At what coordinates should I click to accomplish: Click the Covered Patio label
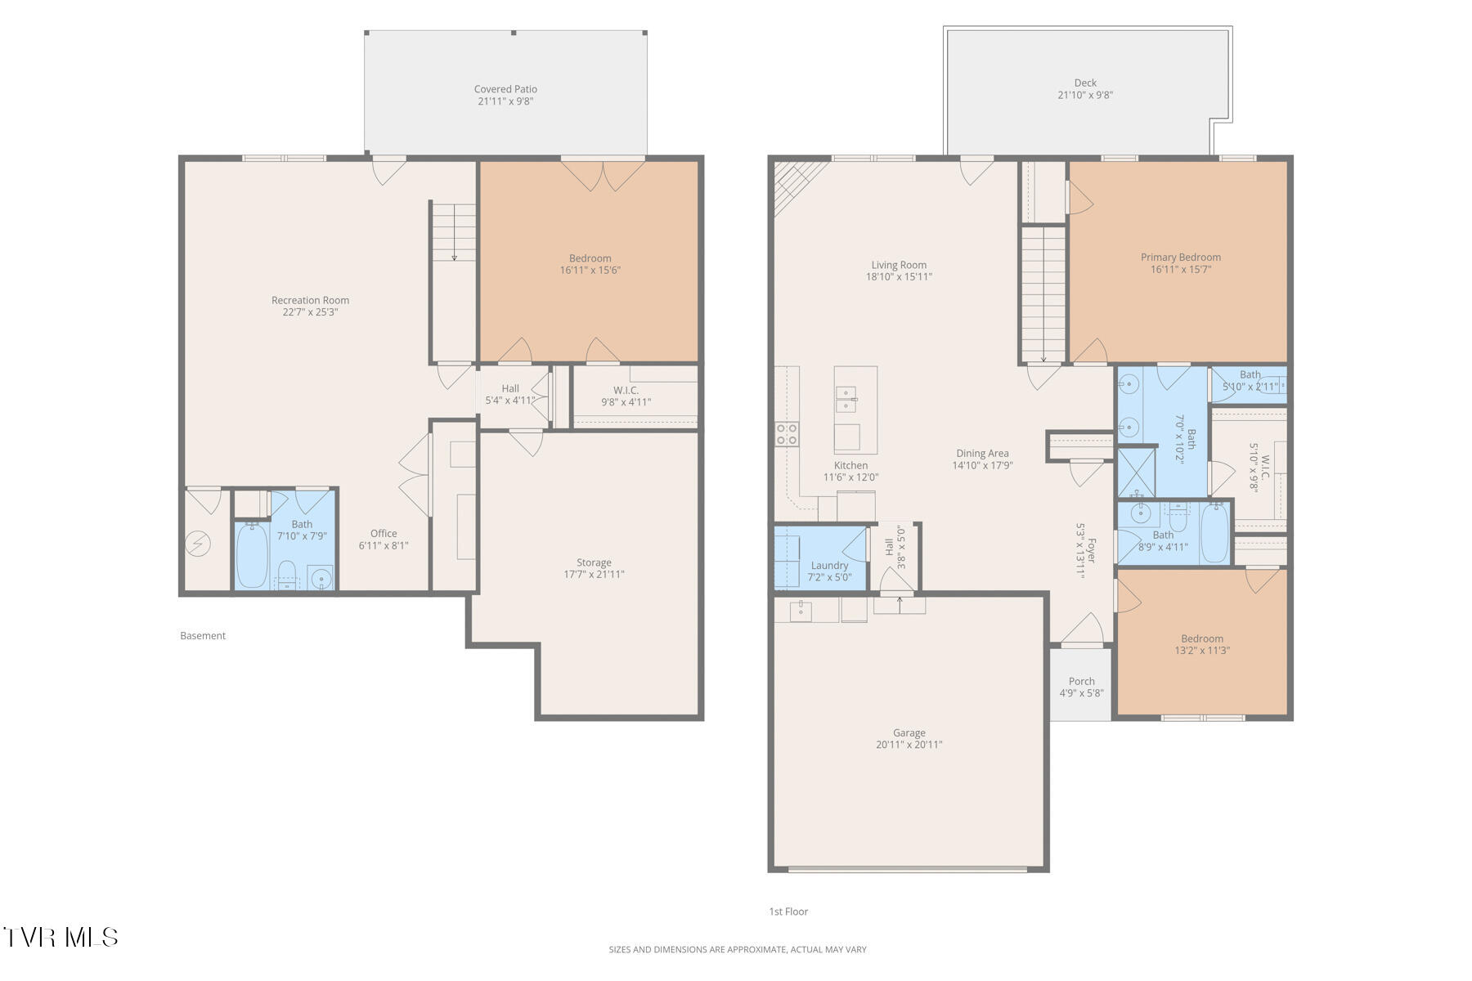click(505, 89)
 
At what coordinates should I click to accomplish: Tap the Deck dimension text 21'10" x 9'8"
click(1084, 95)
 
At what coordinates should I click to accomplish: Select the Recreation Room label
click(310, 300)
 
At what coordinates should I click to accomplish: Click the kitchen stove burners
click(787, 434)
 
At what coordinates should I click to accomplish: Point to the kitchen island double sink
click(846, 400)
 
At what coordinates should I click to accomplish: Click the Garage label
click(909, 732)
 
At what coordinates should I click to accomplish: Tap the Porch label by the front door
click(1081, 681)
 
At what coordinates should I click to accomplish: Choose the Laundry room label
click(829, 565)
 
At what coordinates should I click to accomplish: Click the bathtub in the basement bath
click(252, 554)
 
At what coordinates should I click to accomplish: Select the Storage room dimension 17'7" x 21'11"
click(594, 575)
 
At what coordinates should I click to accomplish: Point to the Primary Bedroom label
click(1180, 257)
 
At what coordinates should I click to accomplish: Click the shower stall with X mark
click(1137, 473)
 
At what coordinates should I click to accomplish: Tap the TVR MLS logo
click(61, 937)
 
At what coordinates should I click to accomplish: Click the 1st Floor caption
click(788, 912)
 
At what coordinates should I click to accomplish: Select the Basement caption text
click(203, 635)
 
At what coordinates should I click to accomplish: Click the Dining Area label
click(982, 453)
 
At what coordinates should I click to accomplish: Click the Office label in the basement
click(383, 533)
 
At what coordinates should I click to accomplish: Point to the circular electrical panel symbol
click(197, 544)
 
